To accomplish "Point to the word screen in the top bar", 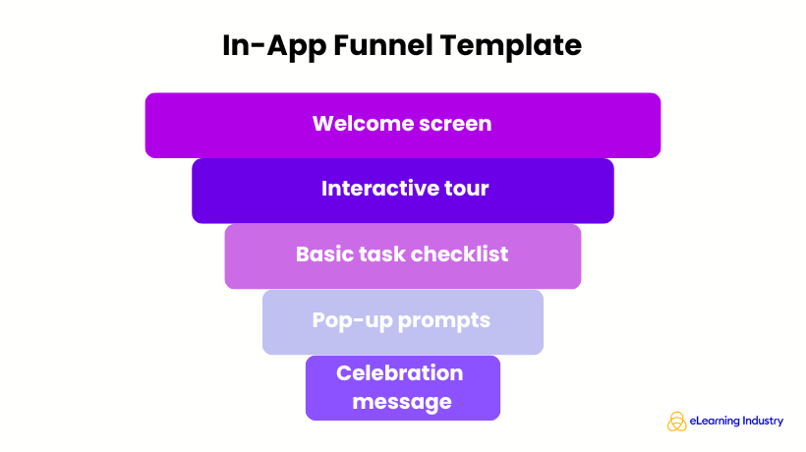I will [x=454, y=125].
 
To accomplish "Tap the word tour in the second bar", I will [x=465, y=189].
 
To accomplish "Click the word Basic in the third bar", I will [x=323, y=254].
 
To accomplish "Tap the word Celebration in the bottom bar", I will [x=400, y=373].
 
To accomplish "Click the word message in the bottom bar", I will [x=402, y=402].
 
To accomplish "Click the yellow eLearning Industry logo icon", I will [x=677, y=422].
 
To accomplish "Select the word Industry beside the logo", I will [x=764, y=422].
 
